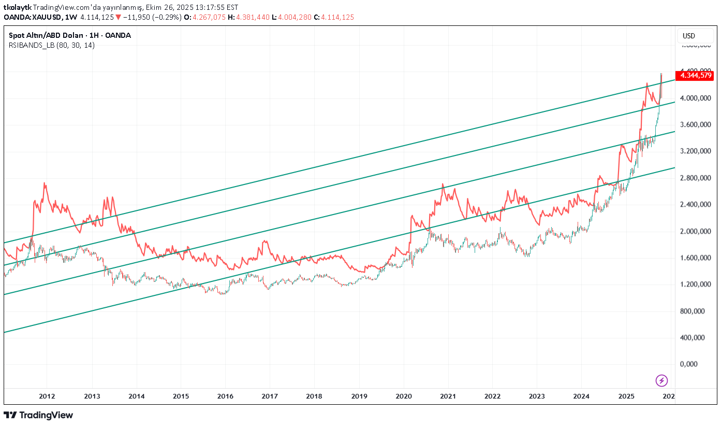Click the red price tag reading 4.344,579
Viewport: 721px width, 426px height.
696,76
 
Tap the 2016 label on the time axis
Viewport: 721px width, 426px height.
225,396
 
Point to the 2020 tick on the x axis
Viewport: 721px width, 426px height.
404,396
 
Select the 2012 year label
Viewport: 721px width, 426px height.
47,396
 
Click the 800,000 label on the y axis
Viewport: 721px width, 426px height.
694,311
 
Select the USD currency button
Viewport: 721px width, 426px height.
689,36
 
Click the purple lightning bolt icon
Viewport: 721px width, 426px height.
661,380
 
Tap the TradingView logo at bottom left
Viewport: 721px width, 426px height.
38,415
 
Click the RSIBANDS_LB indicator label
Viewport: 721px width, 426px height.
52,45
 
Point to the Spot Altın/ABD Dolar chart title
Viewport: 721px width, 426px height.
70,36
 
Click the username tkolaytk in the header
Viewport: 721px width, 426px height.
17,7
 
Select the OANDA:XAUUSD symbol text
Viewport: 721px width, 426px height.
32,17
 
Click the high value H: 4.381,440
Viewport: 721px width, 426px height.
252,17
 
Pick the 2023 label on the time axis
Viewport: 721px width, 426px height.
537,396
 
